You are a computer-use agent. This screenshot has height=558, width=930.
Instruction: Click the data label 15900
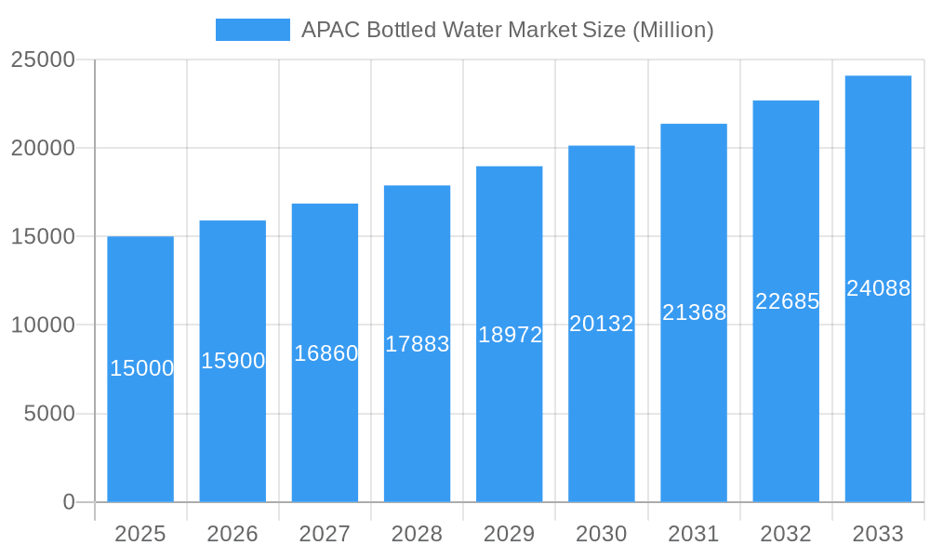click(x=232, y=361)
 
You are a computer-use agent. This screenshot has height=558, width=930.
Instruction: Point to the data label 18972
click(x=510, y=335)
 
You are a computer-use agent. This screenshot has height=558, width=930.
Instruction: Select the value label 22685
click(x=787, y=301)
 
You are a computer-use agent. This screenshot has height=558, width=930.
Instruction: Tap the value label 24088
click(x=878, y=288)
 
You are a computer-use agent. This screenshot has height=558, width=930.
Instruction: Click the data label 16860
click(x=325, y=353)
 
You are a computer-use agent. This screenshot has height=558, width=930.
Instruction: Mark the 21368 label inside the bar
click(x=694, y=312)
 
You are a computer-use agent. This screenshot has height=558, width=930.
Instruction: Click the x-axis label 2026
click(x=232, y=534)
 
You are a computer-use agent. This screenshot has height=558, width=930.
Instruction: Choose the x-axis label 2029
click(x=510, y=534)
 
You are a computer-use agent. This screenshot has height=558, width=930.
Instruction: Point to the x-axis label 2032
click(x=786, y=534)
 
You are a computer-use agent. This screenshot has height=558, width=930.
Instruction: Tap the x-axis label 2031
click(x=694, y=534)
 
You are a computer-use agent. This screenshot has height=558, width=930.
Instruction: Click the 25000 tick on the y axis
click(x=42, y=60)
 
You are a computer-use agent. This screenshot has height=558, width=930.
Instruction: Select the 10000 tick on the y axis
click(x=42, y=325)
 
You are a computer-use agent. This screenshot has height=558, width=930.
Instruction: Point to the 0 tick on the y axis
click(x=68, y=502)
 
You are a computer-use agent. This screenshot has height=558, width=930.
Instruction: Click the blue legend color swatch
click(x=252, y=30)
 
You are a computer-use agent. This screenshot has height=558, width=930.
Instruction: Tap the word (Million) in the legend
click(x=672, y=30)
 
